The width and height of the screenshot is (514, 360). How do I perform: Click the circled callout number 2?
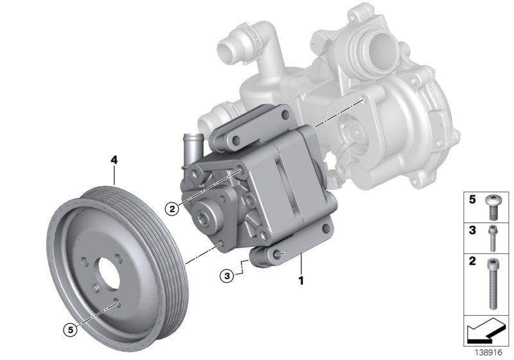pos(170,207)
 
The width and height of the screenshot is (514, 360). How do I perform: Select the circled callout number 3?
pos(226,276)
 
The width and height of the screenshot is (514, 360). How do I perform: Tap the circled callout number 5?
pos(70,330)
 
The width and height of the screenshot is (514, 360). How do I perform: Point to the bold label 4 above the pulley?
pos(114,159)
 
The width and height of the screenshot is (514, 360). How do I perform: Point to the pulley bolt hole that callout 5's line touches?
pos(117,301)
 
